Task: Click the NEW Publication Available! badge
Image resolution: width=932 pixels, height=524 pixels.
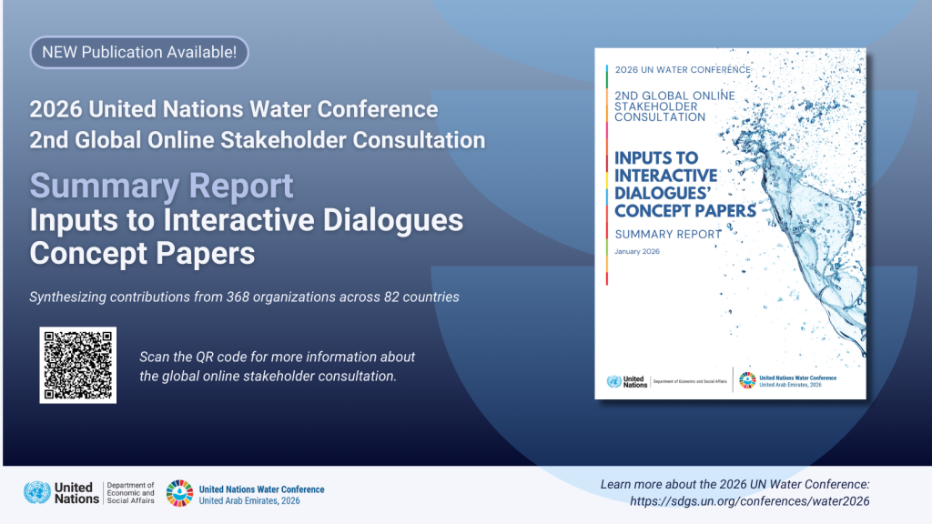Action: [139, 52]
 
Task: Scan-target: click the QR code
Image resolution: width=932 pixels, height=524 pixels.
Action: [77, 365]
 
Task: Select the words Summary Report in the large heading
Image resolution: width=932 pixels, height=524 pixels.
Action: [162, 186]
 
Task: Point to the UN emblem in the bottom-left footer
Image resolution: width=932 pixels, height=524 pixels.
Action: [37, 493]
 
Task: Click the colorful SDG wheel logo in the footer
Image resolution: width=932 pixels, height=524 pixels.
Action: [179, 493]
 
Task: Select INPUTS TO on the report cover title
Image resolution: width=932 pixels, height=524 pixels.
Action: [656, 157]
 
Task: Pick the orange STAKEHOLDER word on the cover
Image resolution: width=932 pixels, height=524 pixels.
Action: [659, 106]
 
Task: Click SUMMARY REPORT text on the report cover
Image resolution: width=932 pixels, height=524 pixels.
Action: [668, 234]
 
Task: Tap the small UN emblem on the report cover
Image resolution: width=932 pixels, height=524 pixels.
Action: [613, 381]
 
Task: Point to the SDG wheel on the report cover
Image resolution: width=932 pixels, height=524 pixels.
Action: [746, 381]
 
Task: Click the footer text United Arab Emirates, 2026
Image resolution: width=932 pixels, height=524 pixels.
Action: [248, 501]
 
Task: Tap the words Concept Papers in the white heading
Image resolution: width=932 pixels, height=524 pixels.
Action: [142, 253]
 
